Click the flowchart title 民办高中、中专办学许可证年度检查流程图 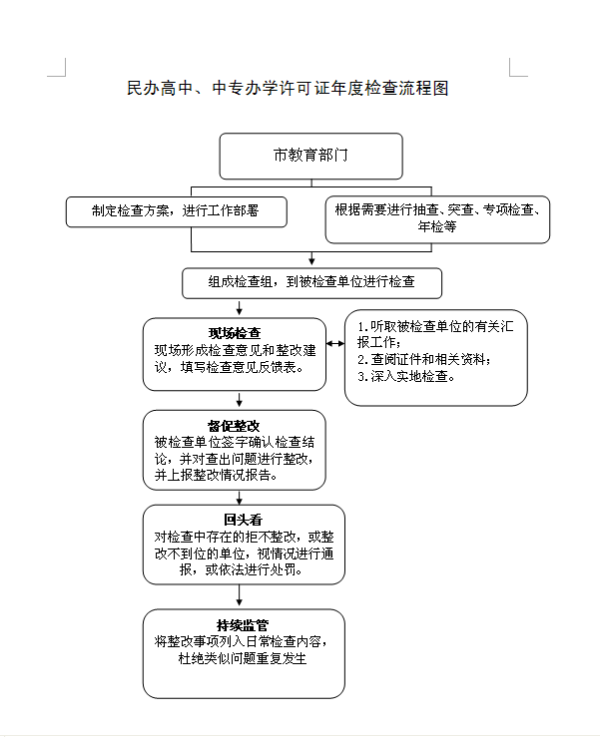(288, 88)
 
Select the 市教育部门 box (311, 156)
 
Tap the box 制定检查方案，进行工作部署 (177, 212)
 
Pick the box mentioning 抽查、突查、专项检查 (437, 219)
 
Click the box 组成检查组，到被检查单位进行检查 (312, 283)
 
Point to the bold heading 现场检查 (235, 333)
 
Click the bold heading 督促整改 (234, 426)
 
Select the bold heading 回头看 (244, 520)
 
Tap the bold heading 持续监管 (243, 625)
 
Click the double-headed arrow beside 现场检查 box (335, 344)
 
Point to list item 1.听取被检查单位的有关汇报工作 (435, 334)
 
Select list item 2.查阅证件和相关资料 (424, 360)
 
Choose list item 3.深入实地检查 (406, 377)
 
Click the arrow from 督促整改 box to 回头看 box (239, 498)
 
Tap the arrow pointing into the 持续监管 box (239, 595)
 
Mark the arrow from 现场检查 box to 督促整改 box (239, 400)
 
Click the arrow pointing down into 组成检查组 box (311, 258)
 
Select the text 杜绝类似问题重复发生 (243, 658)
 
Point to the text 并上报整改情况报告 (216, 475)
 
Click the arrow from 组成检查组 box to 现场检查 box (239, 307)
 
